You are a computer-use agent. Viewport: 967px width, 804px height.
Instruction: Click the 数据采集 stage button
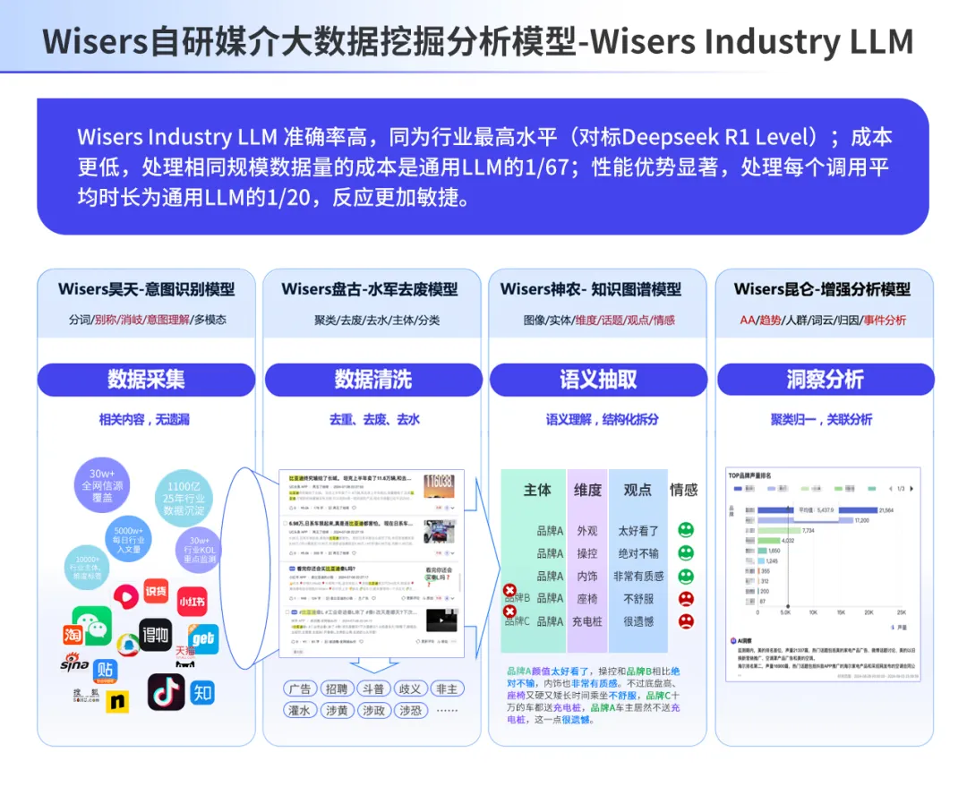tap(146, 380)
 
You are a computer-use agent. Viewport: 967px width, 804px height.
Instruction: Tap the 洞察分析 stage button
tap(825, 380)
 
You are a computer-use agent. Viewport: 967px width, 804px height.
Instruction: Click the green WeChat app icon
tap(92, 624)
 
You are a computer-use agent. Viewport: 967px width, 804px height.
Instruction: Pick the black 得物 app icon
tap(155, 635)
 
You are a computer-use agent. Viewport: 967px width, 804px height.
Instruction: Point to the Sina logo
tap(74, 664)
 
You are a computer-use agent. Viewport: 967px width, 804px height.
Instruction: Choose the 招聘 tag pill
tap(338, 689)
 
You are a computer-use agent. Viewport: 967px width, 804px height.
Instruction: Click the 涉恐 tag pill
tap(410, 710)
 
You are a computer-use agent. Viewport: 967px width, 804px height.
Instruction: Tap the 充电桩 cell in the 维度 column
tap(587, 621)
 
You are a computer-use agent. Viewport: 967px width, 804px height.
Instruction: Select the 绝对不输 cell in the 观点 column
tap(638, 553)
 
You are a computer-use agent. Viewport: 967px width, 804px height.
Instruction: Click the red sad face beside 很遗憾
tap(686, 620)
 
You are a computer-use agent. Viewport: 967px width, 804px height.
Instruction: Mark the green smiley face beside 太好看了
tap(686, 530)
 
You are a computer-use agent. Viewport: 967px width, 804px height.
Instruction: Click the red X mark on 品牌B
tap(509, 591)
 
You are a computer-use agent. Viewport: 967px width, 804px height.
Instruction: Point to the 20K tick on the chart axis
tap(869, 612)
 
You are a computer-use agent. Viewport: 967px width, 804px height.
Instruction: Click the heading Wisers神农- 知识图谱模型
tap(591, 289)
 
